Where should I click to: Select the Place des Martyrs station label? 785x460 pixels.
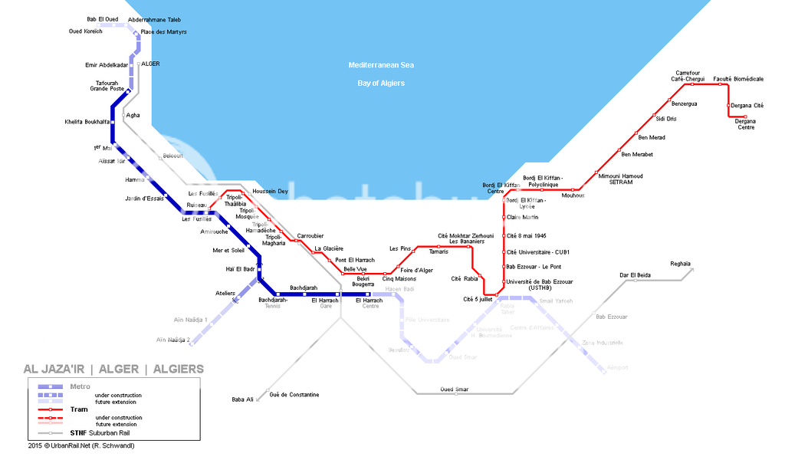click(164, 32)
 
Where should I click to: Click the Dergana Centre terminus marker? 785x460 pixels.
click(745, 117)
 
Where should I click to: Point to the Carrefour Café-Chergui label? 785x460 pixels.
click(688, 76)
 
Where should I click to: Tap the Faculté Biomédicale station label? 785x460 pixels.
click(738, 79)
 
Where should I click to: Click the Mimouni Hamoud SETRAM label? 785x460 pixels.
click(620, 179)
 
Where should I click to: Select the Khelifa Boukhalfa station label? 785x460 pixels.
click(87, 122)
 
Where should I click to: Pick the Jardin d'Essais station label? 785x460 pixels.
click(145, 199)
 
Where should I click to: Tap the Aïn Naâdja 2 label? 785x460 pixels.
click(172, 340)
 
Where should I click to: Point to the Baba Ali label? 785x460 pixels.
click(242, 399)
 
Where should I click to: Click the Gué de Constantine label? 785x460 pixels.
click(294, 395)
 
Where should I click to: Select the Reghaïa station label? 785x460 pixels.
click(680, 264)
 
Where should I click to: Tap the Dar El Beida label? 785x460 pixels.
click(635, 274)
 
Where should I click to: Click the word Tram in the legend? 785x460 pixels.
click(79, 409)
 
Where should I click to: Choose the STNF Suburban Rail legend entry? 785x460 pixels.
click(107, 433)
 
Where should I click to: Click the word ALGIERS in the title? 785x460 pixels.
click(179, 370)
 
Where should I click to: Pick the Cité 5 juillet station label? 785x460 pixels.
click(478, 299)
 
